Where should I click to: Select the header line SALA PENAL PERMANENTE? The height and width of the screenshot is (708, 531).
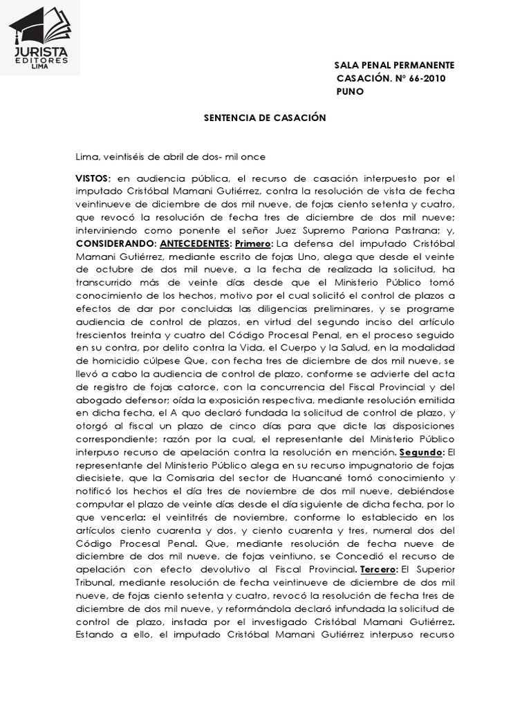pyautogui.click(x=394, y=65)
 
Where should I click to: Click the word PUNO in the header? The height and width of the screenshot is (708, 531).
pyautogui.click(x=350, y=91)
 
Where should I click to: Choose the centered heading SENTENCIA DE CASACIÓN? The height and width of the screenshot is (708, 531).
pyautogui.click(x=264, y=118)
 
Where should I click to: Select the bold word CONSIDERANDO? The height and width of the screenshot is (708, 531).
pyautogui.click(x=115, y=243)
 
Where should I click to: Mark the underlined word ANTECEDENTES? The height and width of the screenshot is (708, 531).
pyautogui.click(x=196, y=243)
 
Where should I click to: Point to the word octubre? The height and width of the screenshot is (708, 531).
pyautogui.click(x=109, y=270)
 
